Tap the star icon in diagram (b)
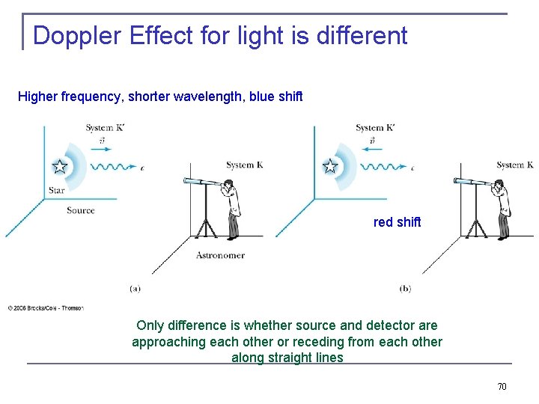tap(330, 166)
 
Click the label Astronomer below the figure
tap(220, 255)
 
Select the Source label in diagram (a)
tap(80, 210)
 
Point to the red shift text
tap(397, 222)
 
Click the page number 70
tap(502, 386)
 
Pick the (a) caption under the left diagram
tap(135, 288)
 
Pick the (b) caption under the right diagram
tap(405, 288)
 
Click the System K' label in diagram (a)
tap(104, 128)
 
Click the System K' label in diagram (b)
tap(374, 128)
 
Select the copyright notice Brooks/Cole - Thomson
tap(46, 307)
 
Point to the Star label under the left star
tap(56, 190)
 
